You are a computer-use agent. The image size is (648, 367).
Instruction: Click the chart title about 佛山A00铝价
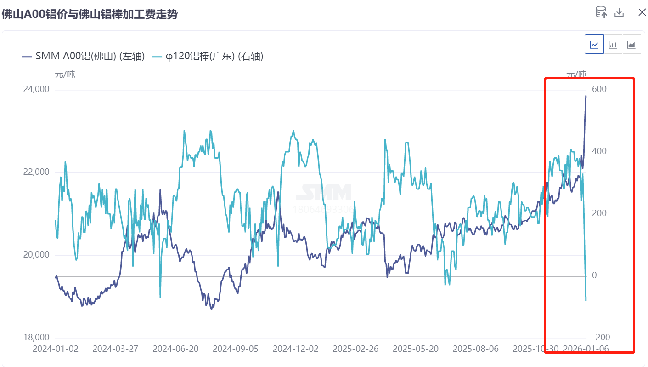pyautogui.click(x=90, y=14)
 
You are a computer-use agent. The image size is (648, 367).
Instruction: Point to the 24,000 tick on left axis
pyautogui.click(x=36, y=89)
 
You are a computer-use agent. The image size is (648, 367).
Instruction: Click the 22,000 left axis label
pyautogui.click(x=36, y=172)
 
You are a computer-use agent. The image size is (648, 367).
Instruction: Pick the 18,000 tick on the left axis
pyautogui.click(x=36, y=338)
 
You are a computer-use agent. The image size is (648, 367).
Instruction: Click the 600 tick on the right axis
pyautogui.click(x=598, y=89)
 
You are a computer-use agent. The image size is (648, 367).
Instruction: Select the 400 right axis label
pyautogui.click(x=598, y=151)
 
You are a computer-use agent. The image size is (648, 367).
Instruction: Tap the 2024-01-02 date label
pyautogui.click(x=56, y=349)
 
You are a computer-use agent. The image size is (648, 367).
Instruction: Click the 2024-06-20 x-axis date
pyautogui.click(x=175, y=349)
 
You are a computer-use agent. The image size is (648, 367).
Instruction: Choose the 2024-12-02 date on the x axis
pyautogui.click(x=295, y=349)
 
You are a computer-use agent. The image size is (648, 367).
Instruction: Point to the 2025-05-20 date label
pyautogui.click(x=416, y=349)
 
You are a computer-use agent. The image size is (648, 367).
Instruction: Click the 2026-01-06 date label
pyautogui.click(x=586, y=349)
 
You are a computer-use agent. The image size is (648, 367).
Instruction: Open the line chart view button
pyautogui.click(x=594, y=45)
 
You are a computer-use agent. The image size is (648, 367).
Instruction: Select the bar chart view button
pyautogui.click(x=613, y=45)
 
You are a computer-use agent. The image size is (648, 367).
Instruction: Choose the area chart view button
pyautogui.click(x=631, y=45)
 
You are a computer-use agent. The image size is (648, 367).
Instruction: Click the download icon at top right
pyautogui.click(x=619, y=12)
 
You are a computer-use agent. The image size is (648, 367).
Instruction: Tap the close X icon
pyautogui.click(x=642, y=12)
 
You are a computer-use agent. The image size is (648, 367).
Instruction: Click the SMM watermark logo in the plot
pyautogui.click(x=324, y=192)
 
